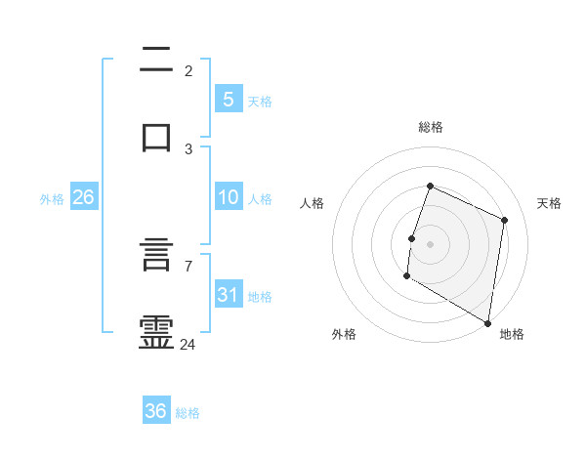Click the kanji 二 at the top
[156, 60]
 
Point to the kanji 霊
[156, 333]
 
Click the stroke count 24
[188, 344]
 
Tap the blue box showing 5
[228, 99]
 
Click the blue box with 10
[228, 197]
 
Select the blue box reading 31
[228, 294]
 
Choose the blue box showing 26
[83, 197]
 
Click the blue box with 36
[156, 411]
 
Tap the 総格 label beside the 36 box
[188, 413]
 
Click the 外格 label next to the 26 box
[52, 199]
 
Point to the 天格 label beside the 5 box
[260, 101]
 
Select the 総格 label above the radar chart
[431, 127]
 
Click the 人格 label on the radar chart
[313, 203]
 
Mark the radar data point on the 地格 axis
[487, 322]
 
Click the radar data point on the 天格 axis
[505, 220]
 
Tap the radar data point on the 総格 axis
[430, 186]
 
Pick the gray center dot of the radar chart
[430, 243]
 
